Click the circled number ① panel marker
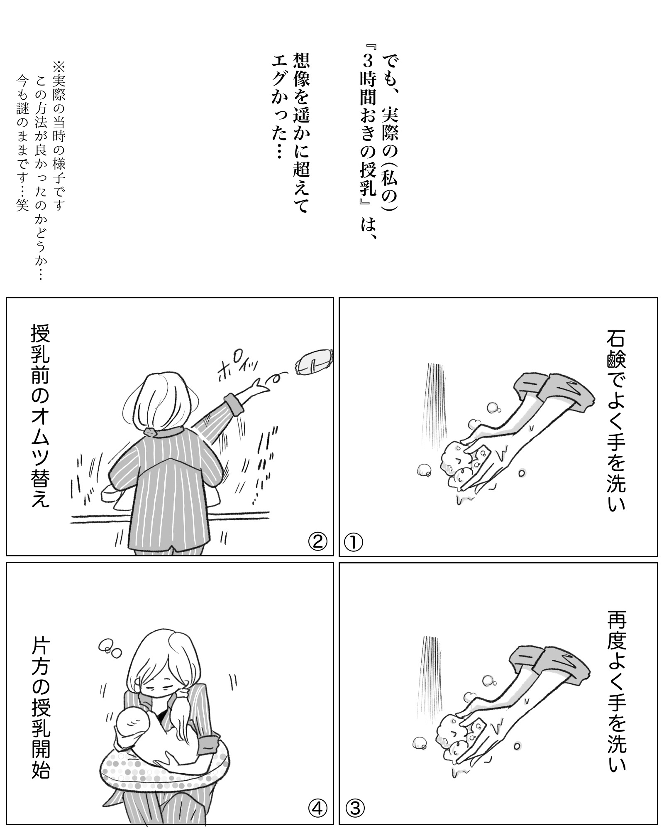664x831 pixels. (354, 542)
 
